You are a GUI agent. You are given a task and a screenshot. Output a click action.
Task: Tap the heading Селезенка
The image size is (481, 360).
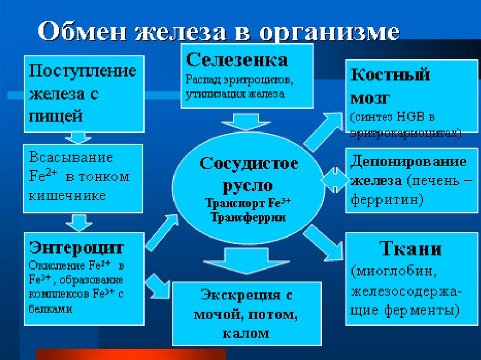pos(237,60)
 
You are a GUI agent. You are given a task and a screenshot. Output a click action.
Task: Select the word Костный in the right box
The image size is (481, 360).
pos(390,75)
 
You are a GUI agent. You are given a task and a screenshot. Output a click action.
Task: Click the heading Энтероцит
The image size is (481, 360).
pos(76,247)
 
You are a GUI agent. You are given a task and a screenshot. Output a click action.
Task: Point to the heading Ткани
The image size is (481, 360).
pos(410,248)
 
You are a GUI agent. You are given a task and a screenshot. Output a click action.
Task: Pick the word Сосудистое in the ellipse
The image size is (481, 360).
pos(249,164)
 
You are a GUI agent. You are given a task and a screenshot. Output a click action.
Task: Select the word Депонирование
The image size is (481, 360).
pos(408,161)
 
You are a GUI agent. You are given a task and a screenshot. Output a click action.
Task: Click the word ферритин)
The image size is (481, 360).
pos(387,199)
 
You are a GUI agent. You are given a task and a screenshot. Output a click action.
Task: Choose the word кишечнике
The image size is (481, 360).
pos(68,195)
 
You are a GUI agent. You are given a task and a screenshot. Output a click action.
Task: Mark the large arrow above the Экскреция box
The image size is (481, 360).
pos(240,262)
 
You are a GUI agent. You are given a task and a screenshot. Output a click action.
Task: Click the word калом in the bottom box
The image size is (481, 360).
pos(246,333)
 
